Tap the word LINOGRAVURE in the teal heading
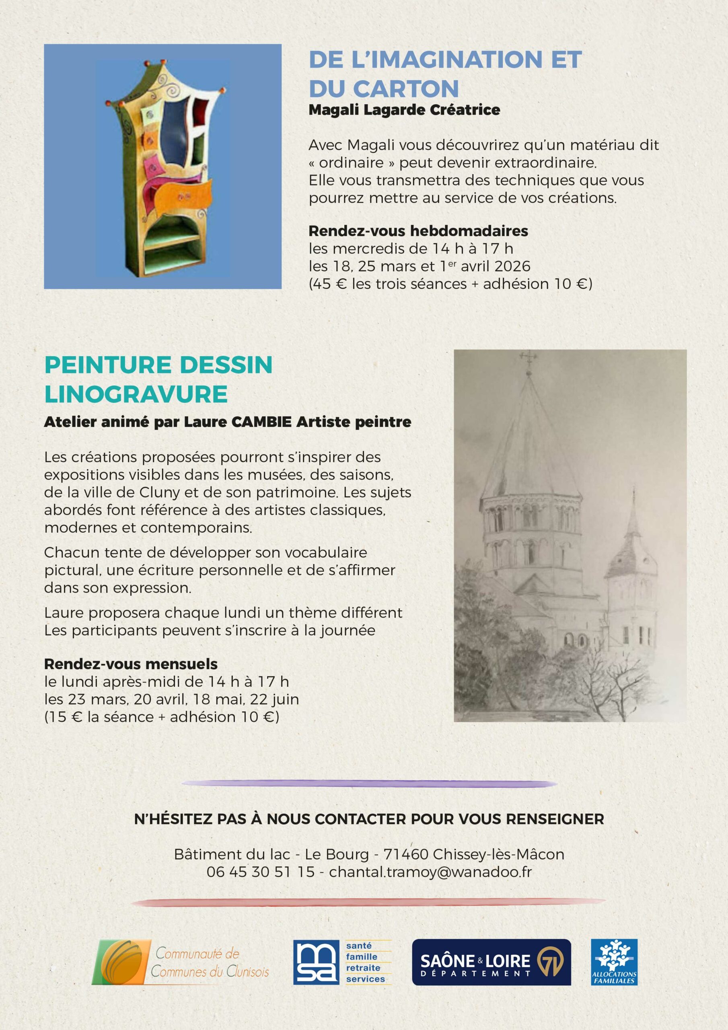click(x=136, y=394)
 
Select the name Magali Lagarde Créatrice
click(x=404, y=110)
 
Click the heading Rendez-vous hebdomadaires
click(x=418, y=231)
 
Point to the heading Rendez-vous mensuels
click(x=131, y=664)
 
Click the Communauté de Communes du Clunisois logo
click(x=180, y=963)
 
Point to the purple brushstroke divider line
click(x=369, y=784)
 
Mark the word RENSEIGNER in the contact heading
click(x=555, y=819)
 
